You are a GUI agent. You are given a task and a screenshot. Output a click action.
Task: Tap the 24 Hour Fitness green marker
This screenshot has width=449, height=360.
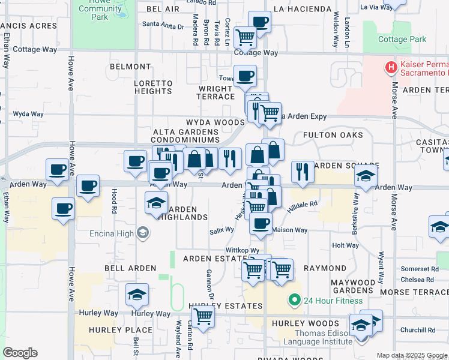[x=294, y=300]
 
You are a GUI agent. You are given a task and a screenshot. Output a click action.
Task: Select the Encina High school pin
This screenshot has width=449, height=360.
[x=143, y=233]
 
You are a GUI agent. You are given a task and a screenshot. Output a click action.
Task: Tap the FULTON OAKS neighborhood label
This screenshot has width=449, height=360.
[x=333, y=135]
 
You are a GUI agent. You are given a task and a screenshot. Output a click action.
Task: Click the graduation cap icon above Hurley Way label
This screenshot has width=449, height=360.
[x=137, y=295]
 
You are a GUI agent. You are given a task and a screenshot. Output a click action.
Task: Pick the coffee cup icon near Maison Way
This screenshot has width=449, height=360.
[x=261, y=224]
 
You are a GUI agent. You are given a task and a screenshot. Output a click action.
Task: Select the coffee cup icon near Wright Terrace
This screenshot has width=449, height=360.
[x=245, y=76]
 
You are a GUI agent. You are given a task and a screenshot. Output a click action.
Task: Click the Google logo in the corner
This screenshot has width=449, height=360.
[x=20, y=353]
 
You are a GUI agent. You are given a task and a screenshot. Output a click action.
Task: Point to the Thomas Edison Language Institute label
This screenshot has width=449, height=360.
[x=323, y=337]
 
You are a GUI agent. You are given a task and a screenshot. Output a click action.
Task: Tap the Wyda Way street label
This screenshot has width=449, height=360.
[x=28, y=113]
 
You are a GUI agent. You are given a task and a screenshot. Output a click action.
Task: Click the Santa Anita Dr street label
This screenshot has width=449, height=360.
[x=162, y=25]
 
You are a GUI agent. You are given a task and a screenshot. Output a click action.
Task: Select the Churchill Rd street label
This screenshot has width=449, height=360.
[x=418, y=329]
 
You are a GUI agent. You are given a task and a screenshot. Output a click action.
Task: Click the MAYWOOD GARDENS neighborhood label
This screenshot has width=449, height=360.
[x=353, y=286]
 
